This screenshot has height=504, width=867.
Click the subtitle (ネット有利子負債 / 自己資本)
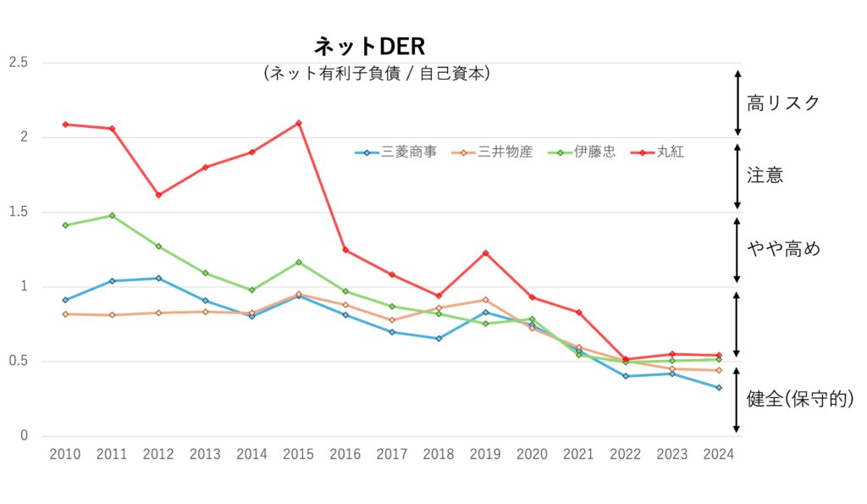pos(377,74)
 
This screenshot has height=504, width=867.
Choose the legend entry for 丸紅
pos(670,152)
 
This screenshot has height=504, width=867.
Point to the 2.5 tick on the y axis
pos(18,63)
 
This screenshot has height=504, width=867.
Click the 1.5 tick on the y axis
pos(18,212)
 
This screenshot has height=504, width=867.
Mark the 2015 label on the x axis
pos(298,454)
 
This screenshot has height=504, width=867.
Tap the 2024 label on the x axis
pos(718,454)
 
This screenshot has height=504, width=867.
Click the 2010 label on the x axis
pos(65,454)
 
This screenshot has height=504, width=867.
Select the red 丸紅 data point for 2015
pos(298,123)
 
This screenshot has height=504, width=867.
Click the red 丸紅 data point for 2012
pos(158,195)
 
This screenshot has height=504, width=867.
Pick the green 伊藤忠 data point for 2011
pos(112,215)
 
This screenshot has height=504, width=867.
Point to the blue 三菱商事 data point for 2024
pos(718,388)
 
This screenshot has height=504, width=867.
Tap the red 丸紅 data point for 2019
pos(485,252)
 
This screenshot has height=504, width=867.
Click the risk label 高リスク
pos(783,103)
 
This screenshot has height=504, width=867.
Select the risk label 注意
pos(765,175)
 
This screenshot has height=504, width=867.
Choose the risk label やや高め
pos(783,249)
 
